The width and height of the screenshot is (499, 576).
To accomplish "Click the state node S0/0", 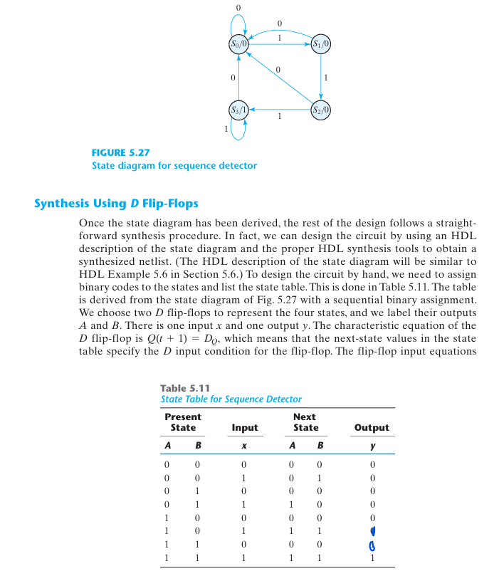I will [238, 43].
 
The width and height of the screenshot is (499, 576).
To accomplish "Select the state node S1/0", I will [321, 43].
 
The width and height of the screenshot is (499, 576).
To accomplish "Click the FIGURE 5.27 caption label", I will [120, 152].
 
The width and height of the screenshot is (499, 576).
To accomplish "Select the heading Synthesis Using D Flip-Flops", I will [116, 204].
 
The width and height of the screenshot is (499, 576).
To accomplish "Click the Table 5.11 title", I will [184, 388].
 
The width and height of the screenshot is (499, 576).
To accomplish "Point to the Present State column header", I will [183, 421].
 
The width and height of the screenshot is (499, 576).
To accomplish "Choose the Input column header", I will [245, 427].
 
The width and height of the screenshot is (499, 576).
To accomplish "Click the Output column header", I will [371, 427].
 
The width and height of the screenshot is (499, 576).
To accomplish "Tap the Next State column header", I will [305, 421].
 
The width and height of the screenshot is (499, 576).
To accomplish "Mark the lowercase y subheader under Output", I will [372, 446].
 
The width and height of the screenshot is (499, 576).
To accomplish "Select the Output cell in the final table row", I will [372, 557].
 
